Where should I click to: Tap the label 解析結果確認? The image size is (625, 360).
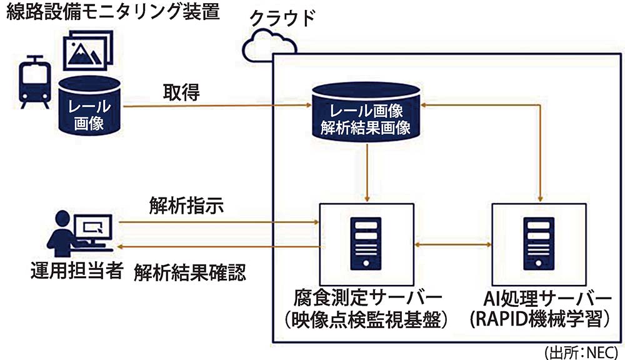[190, 272]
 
